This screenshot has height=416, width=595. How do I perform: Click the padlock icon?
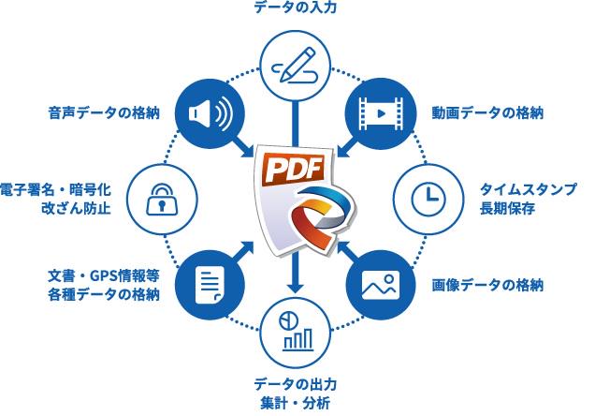coord(164,199)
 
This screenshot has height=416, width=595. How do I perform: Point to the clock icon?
coord(428,199)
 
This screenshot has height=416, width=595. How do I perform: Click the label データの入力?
coord(296,9)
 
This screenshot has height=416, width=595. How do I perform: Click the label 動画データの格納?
coord(487,113)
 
